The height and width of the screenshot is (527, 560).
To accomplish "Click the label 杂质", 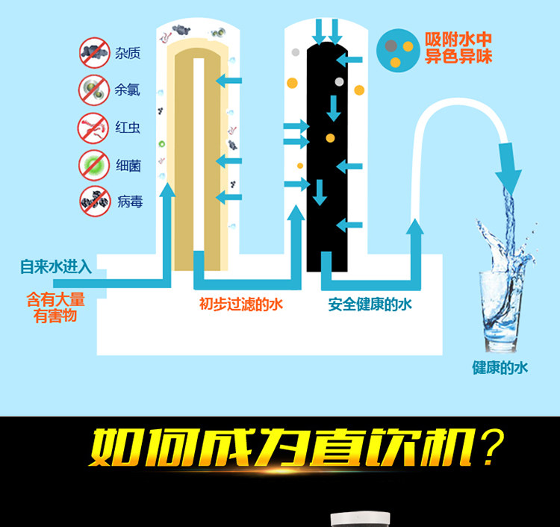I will click(128, 53).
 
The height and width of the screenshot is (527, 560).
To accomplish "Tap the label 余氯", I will click(128, 90).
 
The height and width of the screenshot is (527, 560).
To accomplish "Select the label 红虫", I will click(128, 127).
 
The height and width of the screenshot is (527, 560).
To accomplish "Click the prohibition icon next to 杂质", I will click(94, 52).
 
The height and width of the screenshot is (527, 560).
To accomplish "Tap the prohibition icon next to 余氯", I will click(94, 90).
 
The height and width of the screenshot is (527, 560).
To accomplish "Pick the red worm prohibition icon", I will click(94, 126).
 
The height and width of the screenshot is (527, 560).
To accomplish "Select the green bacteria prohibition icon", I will click(94, 164).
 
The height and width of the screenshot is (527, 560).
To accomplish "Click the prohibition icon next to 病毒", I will click(94, 200).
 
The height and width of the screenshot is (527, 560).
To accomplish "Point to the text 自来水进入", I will click(56, 266).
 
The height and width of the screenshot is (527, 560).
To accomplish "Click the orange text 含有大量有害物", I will click(56, 308).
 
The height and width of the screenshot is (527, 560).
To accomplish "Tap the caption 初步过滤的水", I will click(240, 305).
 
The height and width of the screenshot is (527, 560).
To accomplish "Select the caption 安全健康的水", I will click(370, 305).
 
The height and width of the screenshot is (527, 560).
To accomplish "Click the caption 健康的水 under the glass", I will click(500, 367).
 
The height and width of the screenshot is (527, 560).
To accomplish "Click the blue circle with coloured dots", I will click(396, 49).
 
